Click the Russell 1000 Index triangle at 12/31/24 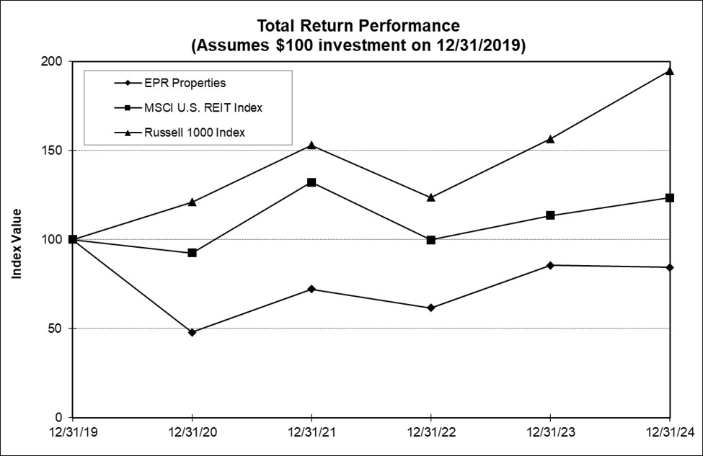670,71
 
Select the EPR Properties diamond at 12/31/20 192,332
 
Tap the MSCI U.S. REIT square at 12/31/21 311,182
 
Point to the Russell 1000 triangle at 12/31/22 430,197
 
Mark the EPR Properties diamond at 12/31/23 550,265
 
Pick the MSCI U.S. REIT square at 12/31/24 670,197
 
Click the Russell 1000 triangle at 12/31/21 311,145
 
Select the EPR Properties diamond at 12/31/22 430,308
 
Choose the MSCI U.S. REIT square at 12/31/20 192,253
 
